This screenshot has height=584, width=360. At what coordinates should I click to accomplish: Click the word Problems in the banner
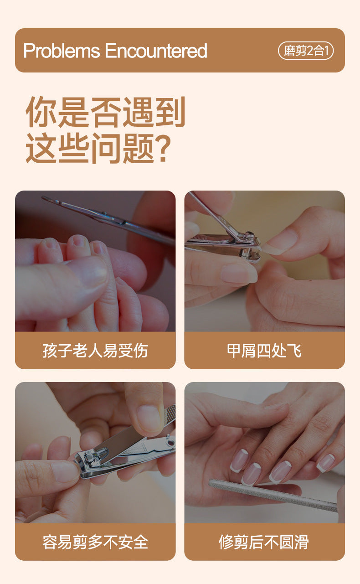coord(62,51)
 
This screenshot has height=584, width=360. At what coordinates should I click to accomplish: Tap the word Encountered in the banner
coord(156,51)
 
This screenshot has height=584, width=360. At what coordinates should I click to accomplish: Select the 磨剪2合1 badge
coord(306,51)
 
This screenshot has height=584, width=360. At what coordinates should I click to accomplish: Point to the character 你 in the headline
coord(41,112)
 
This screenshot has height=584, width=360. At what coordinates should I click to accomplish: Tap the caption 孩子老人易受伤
coord(95,351)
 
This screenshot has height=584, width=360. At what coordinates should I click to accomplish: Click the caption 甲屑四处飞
coord(264,351)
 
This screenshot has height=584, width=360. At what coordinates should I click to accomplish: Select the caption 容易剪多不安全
coord(95,542)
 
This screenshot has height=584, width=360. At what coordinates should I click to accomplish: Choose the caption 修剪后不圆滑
coord(264,542)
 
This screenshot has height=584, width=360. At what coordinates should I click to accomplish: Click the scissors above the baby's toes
coord(107,219)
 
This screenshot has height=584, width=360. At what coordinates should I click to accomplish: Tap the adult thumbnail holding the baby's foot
coord(94,271)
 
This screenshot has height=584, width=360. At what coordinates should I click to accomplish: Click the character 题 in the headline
coord(139,149)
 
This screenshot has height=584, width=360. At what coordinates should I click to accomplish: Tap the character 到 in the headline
coord(170,112)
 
